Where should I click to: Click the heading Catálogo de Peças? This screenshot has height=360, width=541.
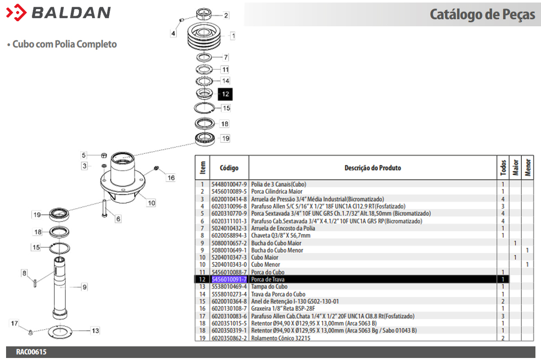482,15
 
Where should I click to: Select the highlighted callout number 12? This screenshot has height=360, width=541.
226,94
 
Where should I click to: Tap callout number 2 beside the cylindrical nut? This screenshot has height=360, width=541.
226,16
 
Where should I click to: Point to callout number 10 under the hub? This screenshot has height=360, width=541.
151,203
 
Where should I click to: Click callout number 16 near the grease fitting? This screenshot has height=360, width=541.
171,177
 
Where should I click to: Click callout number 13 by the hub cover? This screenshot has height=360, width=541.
95,331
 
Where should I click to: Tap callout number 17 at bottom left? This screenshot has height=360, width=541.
15,323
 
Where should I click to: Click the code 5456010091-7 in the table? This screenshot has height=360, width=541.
229,280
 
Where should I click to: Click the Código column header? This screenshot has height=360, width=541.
229,168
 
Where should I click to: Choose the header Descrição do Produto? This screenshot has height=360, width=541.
373,168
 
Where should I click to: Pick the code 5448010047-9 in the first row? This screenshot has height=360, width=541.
229,185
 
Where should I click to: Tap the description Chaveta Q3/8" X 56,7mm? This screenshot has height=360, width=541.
281,236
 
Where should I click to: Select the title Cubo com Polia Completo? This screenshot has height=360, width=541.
64,44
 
